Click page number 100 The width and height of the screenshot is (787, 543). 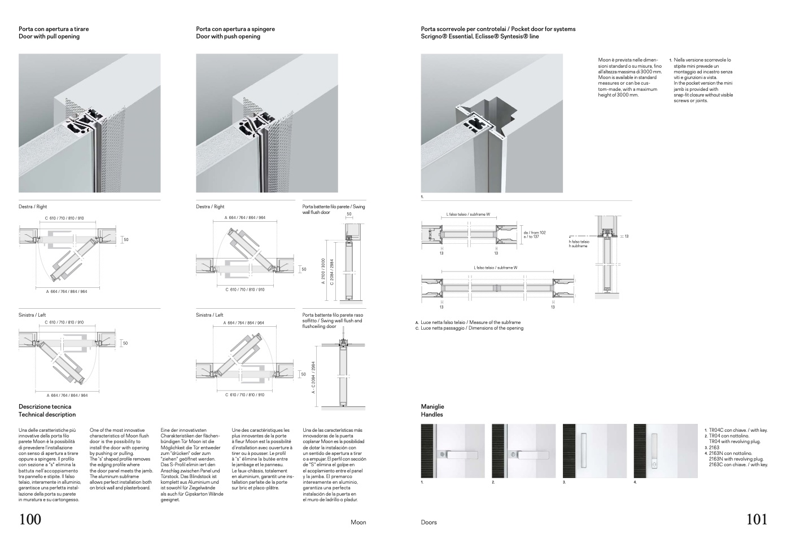(x=30, y=519)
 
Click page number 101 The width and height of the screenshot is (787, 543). (x=757, y=519)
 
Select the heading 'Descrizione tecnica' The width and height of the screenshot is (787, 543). (x=45, y=406)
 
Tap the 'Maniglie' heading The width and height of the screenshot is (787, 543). (x=432, y=406)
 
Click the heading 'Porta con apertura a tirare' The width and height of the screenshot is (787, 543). (x=54, y=29)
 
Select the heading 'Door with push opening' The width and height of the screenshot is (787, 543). (x=228, y=37)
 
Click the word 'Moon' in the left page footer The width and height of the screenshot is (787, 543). (x=358, y=522)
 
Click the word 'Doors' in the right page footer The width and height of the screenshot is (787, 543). (x=429, y=522)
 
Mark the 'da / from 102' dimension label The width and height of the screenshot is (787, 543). (x=535, y=233)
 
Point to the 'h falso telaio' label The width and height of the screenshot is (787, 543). (x=579, y=242)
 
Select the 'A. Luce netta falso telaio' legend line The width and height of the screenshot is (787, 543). (x=468, y=322)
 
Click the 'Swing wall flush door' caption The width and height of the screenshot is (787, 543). (x=333, y=209)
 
